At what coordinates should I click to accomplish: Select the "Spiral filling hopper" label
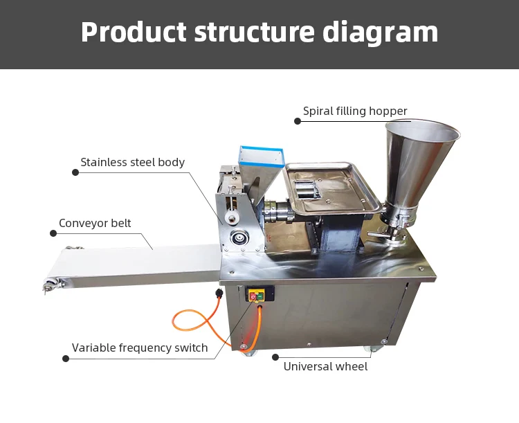[x=355, y=111]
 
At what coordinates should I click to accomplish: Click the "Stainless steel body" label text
[x=132, y=163]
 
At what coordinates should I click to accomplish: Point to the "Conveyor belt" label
[x=95, y=223]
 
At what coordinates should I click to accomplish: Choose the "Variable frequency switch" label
[x=140, y=348]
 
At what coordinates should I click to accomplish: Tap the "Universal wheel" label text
[x=325, y=366]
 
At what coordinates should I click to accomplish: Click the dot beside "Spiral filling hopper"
[x=298, y=121]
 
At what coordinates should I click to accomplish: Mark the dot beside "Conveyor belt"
[x=53, y=233]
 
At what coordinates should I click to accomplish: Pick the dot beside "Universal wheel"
[x=275, y=357]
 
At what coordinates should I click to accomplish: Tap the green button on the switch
[x=261, y=296]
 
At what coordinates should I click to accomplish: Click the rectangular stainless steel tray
[x=329, y=187]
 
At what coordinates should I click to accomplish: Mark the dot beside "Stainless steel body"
[x=75, y=172]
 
